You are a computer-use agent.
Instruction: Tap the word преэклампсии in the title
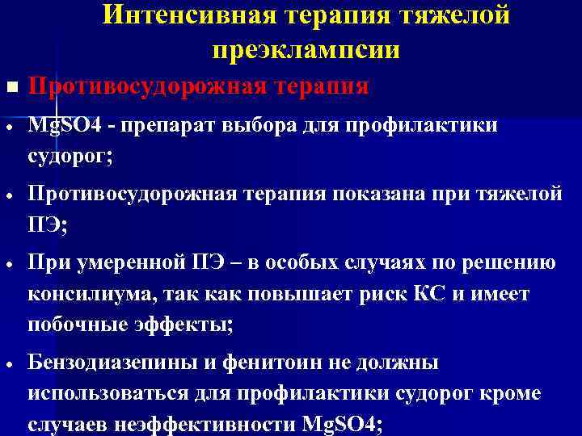coord(306,49)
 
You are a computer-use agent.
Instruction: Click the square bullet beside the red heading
coord(9,86)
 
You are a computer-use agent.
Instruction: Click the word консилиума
coord(91,295)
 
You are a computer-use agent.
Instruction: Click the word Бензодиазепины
coord(112,363)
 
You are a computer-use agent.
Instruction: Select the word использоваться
coord(105,394)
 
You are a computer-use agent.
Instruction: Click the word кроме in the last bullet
coord(512,394)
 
